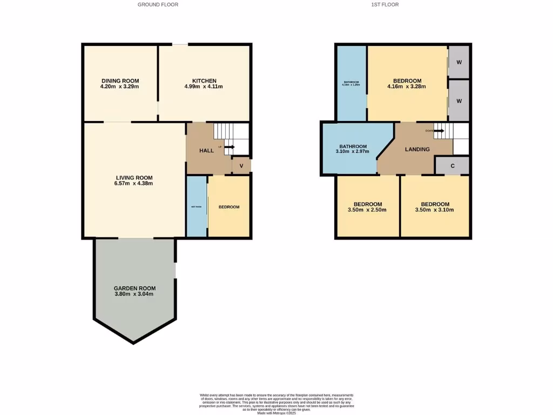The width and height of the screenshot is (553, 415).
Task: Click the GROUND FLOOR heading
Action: tap(158, 4)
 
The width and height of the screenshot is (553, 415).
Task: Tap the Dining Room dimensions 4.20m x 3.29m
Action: tap(120, 86)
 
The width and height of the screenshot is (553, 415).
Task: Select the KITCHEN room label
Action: tap(204, 81)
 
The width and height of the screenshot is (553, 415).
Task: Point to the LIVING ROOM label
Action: tap(134, 177)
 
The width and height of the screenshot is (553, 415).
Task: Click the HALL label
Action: tap(206, 151)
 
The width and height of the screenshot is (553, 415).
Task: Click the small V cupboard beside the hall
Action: tap(241, 165)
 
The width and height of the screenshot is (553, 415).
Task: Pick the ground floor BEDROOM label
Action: tap(229, 207)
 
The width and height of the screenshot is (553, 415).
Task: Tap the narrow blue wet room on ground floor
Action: tap(196, 206)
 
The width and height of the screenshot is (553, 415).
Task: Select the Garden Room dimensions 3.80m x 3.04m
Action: tap(134, 294)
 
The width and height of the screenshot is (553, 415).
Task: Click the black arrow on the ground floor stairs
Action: tap(230, 146)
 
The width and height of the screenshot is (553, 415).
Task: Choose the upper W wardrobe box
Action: tap(459, 62)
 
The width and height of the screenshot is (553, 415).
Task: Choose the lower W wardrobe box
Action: tap(459, 101)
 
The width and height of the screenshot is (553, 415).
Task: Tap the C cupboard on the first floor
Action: tap(453, 166)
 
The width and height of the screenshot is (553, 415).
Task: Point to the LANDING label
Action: tap(417, 149)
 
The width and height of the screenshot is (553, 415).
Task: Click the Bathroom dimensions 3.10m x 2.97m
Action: tap(353, 152)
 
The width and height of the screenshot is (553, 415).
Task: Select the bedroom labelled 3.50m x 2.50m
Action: tap(368, 210)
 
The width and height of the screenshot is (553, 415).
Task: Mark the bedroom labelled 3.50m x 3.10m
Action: tap(434, 210)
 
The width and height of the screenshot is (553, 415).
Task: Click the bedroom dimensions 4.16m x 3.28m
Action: tap(407, 86)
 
